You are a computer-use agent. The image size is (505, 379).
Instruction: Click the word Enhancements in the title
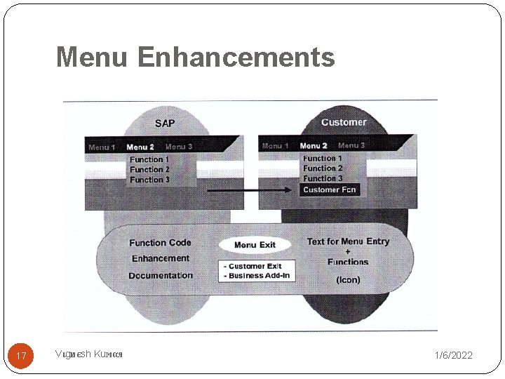236,57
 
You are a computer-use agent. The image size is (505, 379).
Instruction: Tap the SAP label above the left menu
165,124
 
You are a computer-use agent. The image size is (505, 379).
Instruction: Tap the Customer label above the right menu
344,122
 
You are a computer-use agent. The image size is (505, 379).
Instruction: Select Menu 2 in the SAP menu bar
140,147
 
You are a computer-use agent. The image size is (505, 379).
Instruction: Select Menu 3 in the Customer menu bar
351,146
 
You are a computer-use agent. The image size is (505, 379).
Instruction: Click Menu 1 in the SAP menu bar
102,147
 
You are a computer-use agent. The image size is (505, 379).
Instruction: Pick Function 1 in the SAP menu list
149,159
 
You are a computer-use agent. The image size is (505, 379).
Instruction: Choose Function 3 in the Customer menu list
323,178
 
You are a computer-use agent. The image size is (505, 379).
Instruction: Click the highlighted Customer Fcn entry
330,189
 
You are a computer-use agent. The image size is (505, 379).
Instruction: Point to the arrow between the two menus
249,190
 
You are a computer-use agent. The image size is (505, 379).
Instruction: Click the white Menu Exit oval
255,245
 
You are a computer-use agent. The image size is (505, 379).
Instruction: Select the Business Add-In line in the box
257,275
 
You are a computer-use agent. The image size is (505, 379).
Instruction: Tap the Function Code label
160,243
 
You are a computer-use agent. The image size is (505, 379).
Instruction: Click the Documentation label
161,276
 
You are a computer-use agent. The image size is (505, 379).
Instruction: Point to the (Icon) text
348,279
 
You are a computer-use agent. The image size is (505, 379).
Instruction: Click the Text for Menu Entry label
348,241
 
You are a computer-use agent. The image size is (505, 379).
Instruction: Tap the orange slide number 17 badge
21,356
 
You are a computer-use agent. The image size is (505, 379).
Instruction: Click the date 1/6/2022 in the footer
453,356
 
